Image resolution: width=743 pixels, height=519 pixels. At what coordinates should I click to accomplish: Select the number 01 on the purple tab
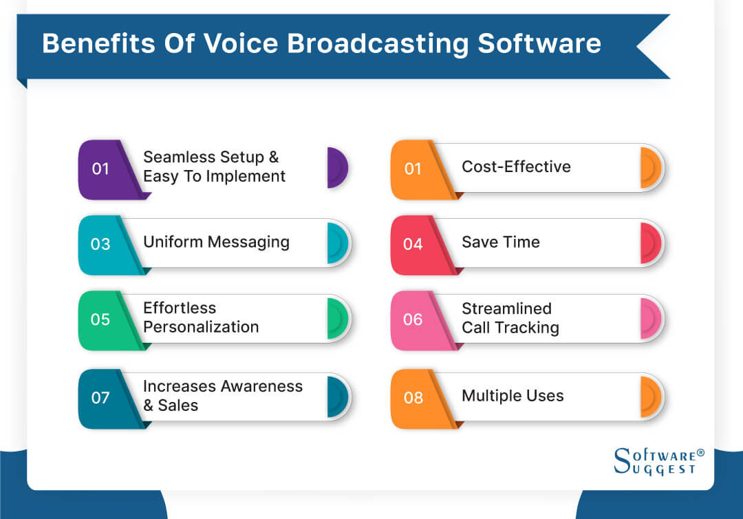100,169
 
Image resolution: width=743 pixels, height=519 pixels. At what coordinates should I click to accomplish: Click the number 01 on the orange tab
413,169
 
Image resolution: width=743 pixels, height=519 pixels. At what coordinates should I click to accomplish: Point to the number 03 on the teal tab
100,244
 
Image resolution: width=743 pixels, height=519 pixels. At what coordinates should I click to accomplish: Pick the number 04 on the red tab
413,244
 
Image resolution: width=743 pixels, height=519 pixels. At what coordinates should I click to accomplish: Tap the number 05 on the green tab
100,319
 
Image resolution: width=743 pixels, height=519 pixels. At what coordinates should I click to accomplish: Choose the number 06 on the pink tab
413,319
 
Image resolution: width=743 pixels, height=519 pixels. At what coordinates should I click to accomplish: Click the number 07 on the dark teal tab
100,398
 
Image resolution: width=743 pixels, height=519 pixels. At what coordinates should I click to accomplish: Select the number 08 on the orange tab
413,398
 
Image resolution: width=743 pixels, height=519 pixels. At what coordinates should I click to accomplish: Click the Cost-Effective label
516,167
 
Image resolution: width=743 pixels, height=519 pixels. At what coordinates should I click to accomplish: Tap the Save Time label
500,242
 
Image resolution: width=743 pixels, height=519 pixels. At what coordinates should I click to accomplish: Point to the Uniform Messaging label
216,242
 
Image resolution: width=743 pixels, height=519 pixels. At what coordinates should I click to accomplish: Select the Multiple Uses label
513,396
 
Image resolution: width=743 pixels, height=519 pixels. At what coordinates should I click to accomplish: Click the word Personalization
201,327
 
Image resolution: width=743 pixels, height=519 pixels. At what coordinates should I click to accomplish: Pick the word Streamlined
506,308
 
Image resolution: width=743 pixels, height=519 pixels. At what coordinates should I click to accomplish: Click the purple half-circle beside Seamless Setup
337,167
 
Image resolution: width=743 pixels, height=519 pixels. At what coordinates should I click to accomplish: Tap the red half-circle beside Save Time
650,243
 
